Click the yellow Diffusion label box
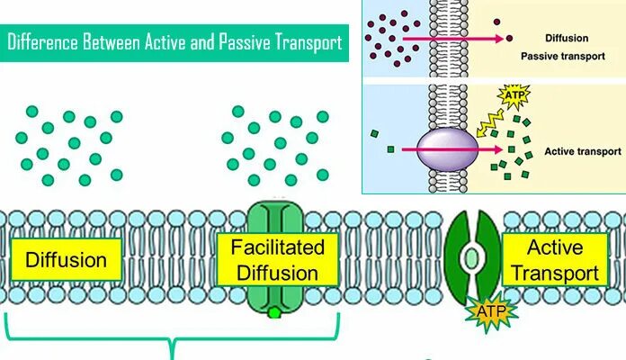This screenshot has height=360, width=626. click(66, 262)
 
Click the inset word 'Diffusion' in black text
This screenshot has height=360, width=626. click(567, 39)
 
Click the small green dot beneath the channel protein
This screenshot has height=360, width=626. click(273, 312)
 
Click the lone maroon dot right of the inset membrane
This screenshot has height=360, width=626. click(509, 38)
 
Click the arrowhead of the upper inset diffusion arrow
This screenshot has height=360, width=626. click(489, 39)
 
